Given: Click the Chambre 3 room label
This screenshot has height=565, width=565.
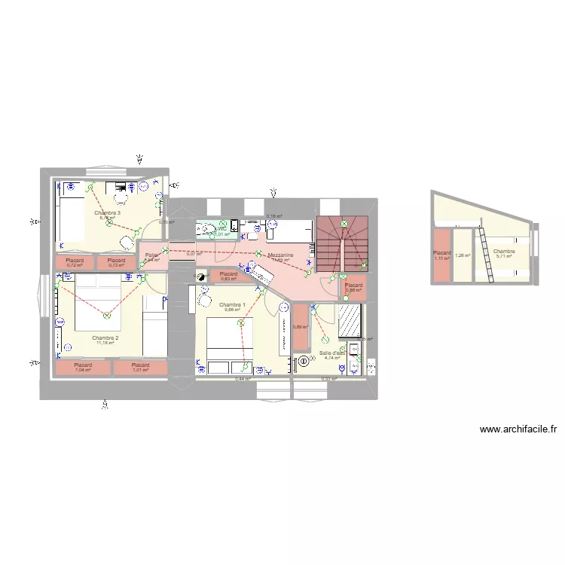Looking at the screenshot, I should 108,213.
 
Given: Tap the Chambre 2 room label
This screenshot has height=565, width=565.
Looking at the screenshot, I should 105,338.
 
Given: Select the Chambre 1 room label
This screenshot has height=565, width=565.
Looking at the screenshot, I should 232,304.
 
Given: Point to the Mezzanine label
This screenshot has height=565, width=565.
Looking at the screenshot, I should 280,255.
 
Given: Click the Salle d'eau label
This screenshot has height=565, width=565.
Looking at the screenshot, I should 332,353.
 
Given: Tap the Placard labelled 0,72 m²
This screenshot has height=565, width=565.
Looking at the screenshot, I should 75,262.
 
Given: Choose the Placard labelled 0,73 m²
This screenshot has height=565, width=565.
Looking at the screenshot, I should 116,262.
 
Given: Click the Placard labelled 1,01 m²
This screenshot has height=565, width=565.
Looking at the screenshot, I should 140,368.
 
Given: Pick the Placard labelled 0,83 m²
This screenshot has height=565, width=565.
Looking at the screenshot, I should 228,276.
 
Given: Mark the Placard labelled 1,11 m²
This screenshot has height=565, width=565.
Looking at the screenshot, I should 441,255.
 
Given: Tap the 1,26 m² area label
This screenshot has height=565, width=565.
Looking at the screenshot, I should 462,255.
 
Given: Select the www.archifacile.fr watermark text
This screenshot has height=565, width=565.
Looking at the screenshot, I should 518,429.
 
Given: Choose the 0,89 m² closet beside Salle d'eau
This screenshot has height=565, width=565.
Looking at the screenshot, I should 300,326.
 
